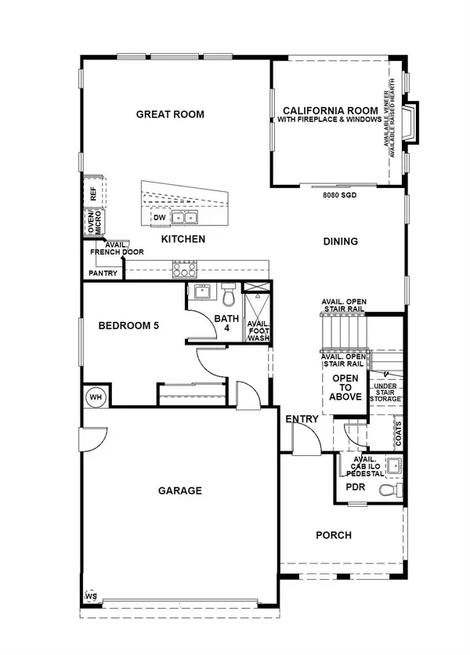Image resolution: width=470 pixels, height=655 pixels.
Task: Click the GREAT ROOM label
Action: coord(170,114)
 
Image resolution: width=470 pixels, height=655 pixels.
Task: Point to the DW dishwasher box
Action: coord(159,218)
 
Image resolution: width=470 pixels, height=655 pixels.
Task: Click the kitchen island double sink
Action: coord(185,218)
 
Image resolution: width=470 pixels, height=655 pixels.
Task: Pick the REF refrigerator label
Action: coord(93,191)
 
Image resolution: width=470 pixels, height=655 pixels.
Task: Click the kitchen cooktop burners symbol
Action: coord(184,269)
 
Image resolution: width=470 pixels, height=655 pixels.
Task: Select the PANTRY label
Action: coord(103,273)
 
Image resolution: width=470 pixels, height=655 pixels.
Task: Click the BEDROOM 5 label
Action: coord(128,325)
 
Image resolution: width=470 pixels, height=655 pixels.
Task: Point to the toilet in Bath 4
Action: coord(229,296)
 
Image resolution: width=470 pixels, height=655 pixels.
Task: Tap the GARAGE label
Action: coord(180,491)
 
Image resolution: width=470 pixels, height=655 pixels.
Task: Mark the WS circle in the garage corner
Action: coord(90,596)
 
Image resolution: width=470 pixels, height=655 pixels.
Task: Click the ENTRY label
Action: coord(302,419)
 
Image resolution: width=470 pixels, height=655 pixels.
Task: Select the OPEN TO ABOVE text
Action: coord(346,388)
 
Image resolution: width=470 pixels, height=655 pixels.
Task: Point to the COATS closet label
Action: coord(399,432)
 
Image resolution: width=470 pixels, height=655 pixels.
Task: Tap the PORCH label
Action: coord(333,536)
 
